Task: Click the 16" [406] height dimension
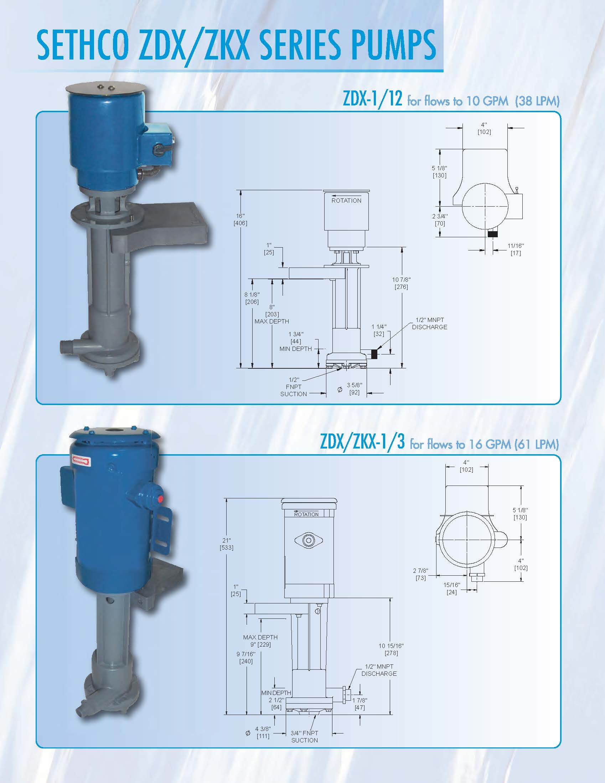tap(240, 219)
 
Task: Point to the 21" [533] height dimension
tap(227, 544)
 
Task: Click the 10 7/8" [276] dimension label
tap(401, 283)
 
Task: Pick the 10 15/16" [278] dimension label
tap(391, 649)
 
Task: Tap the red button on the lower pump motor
tap(160, 499)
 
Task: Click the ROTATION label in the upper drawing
tap(346, 201)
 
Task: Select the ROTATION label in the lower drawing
tap(306, 514)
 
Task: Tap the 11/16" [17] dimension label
tap(515, 249)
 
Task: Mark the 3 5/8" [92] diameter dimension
tap(354, 389)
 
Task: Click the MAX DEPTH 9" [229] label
tap(260, 641)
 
